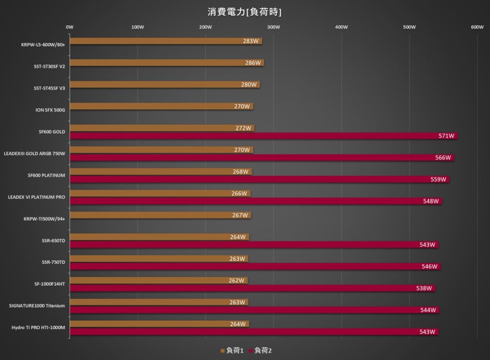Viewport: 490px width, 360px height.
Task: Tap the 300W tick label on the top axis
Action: coord(273,27)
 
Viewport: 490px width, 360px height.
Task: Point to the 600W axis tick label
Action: coord(477,27)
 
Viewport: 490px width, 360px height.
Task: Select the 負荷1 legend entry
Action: coord(232,351)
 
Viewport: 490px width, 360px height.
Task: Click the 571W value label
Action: coord(446,136)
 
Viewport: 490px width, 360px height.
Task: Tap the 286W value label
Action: coord(253,63)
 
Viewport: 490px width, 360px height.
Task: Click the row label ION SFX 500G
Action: coord(50,110)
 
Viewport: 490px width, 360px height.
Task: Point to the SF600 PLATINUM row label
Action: coord(46,175)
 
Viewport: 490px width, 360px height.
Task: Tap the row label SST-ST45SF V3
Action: coord(49,88)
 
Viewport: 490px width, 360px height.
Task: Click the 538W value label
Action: coord(424,288)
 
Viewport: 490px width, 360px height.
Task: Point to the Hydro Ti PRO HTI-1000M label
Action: coord(38,327)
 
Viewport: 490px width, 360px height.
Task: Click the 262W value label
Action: coord(236,281)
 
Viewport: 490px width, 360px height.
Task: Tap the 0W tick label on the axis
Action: coord(69,27)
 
